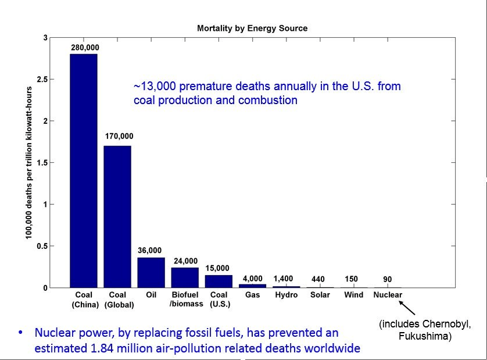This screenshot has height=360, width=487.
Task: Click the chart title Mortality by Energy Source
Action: click(x=252, y=28)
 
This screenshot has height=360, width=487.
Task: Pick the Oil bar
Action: click(x=151, y=273)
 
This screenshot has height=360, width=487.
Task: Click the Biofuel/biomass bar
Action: click(x=185, y=277)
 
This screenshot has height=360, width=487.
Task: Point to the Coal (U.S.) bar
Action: click(x=219, y=281)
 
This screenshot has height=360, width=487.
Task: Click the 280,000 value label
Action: click(x=84, y=47)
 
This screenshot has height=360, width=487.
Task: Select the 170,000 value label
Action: click(x=119, y=136)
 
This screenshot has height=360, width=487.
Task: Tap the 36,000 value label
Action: click(x=150, y=250)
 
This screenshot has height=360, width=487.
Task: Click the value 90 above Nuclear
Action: click(x=388, y=279)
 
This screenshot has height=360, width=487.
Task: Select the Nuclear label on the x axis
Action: click(x=388, y=295)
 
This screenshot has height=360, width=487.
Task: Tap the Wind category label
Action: click(x=353, y=295)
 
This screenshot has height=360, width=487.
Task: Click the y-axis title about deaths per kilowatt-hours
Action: click(x=28, y=163)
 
